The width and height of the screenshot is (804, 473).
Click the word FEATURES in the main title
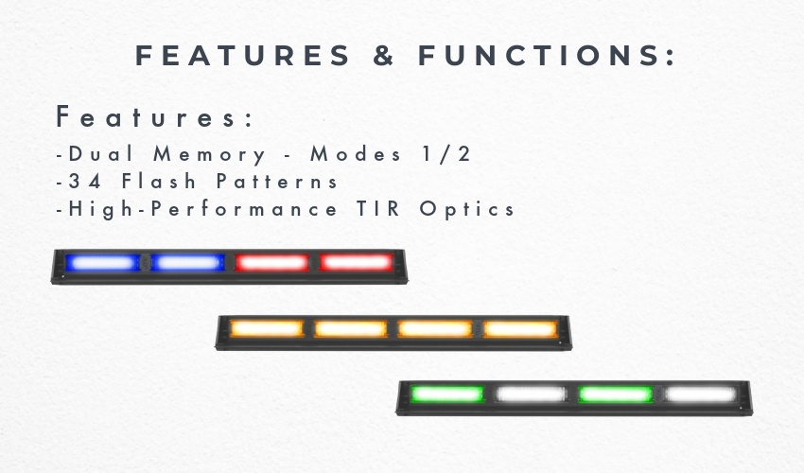[242, 56]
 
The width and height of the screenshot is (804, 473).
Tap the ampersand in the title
[383, 56]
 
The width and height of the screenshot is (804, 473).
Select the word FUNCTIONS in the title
[547, 56]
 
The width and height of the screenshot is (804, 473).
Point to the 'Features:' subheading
[155, 116]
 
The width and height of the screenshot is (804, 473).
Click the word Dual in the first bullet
[101, 153]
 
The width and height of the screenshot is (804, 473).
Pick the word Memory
[210, 155]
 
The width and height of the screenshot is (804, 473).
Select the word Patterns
[277, 181]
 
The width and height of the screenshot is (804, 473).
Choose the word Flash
[159, 181]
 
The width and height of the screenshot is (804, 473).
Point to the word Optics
[466, 209]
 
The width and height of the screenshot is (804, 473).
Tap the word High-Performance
[202, 209]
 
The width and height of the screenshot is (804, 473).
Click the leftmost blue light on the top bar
[102, 263]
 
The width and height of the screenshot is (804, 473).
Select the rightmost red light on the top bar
[357, 263]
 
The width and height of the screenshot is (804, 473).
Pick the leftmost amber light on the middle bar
[267, 328]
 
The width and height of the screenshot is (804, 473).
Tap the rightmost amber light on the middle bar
[520, 329]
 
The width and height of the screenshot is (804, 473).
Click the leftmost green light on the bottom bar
[446, 394]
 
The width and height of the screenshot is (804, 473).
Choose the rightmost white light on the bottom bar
[701, 394]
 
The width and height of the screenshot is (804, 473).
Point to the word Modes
[356, 153]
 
